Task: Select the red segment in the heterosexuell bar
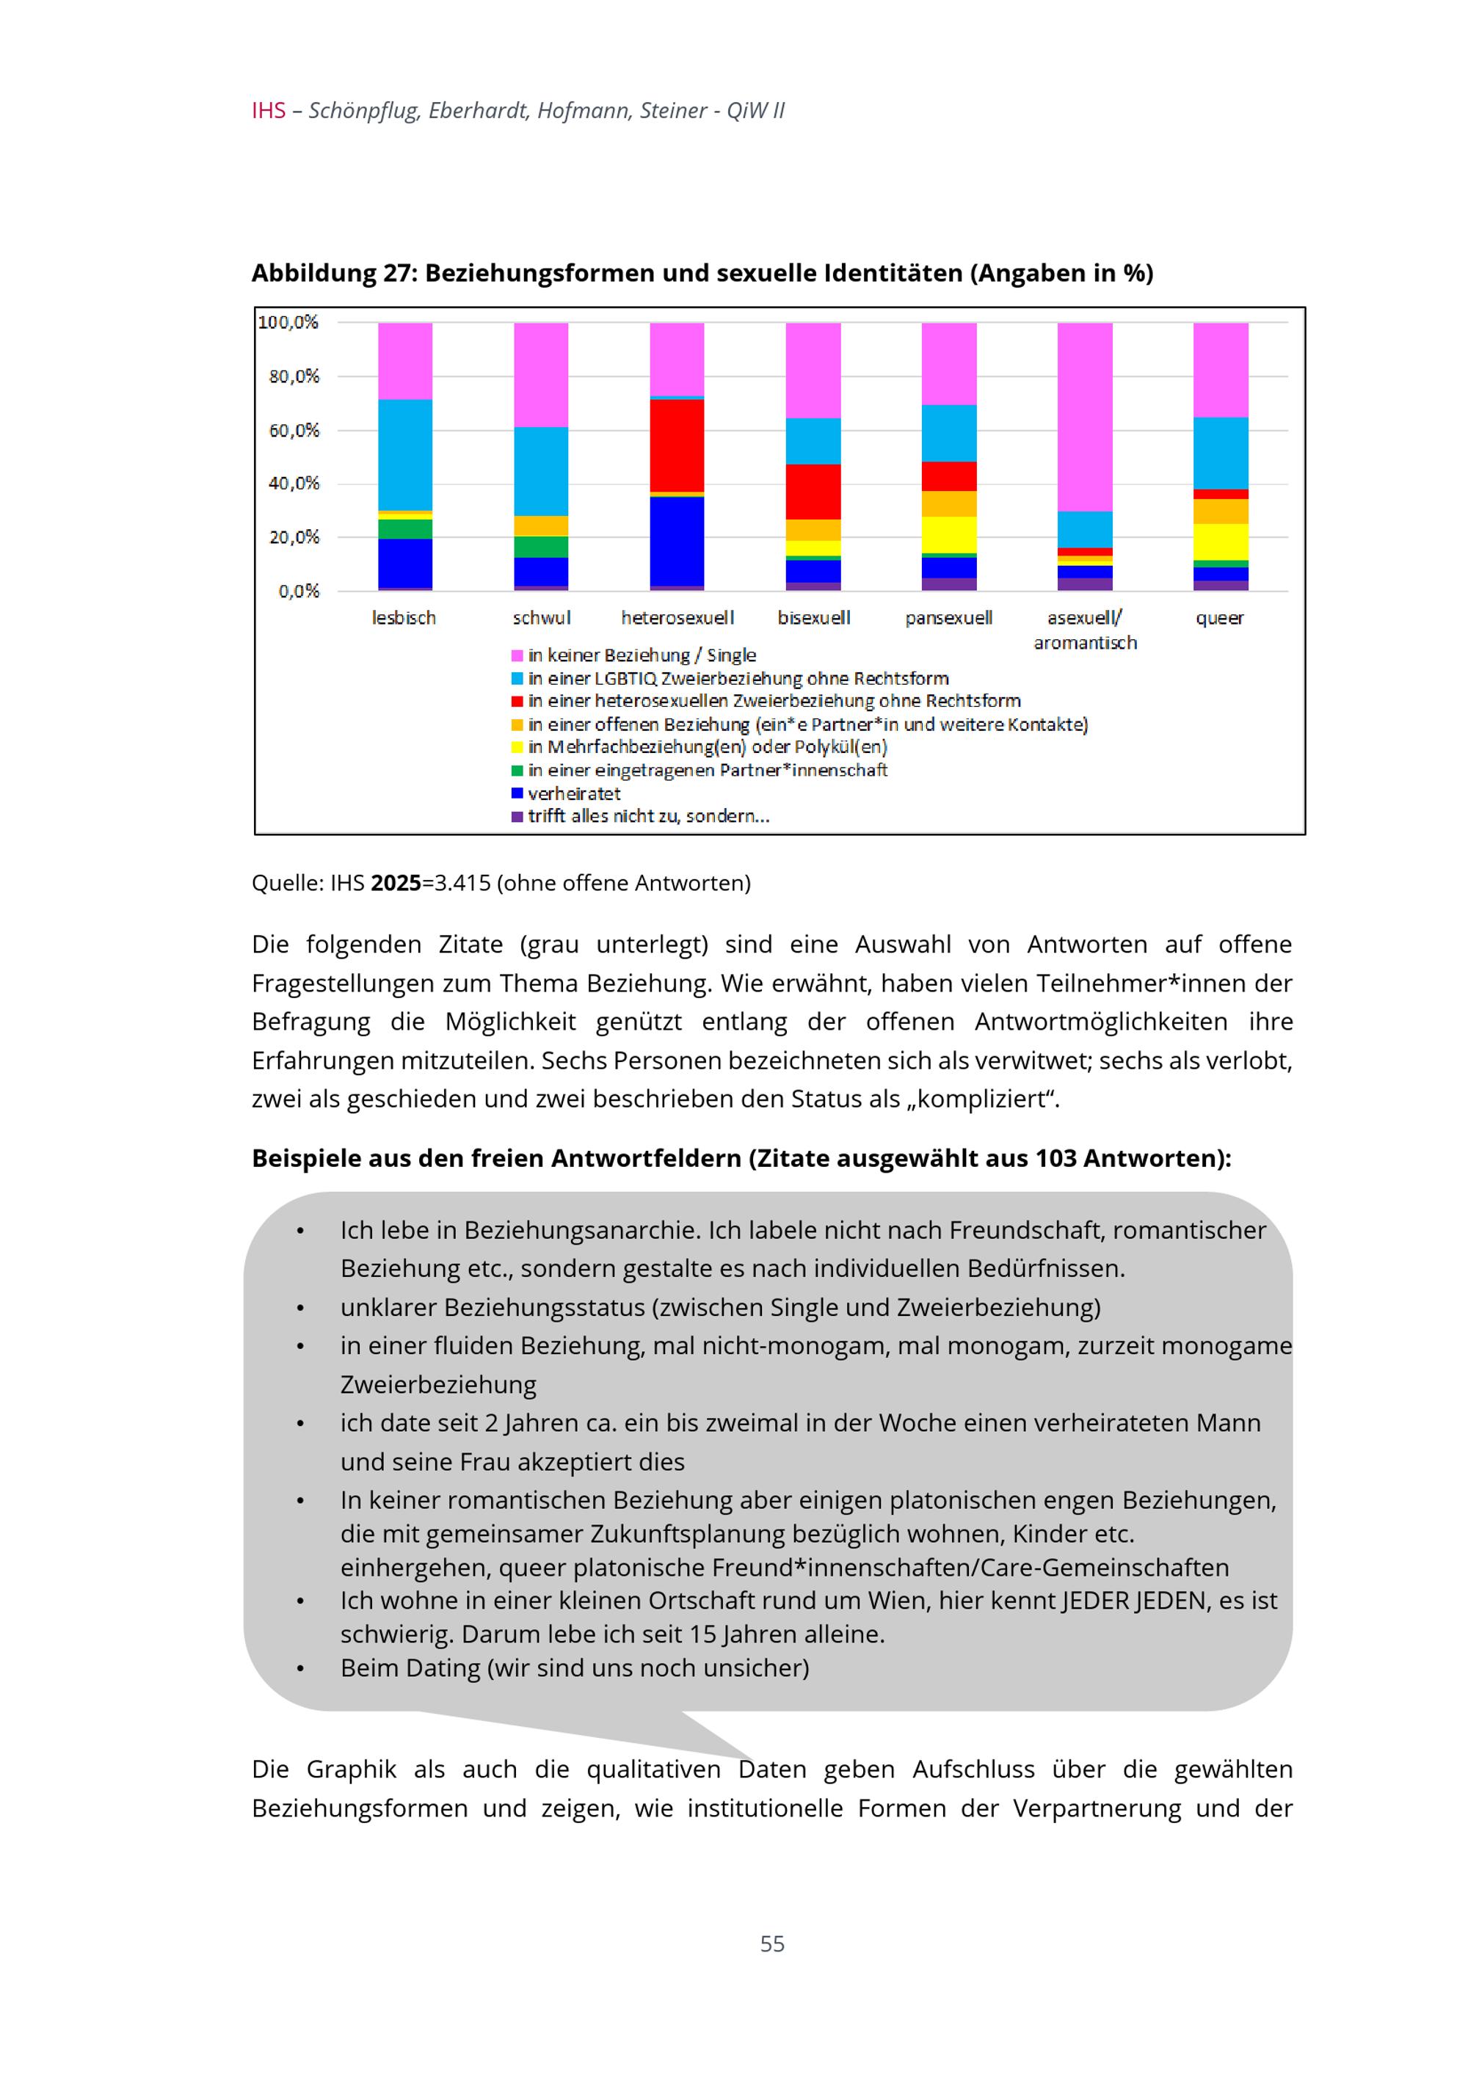click(677, 445)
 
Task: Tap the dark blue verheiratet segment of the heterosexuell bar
click(677, 541)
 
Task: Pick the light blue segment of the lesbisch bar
click(404, 455)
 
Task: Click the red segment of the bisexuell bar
click(813, 491)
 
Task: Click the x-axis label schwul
click(541, 618)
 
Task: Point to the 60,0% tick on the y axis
click(294, 431)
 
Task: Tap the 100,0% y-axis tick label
click(288, 322)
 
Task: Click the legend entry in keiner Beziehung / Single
click(642, 655)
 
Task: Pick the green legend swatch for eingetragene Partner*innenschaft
click(517, 771)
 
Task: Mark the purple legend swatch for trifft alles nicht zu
click(517, 817)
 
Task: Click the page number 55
click(771, 1943)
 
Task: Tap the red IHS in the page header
click(269, 110)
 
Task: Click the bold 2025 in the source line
click(396, 883)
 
